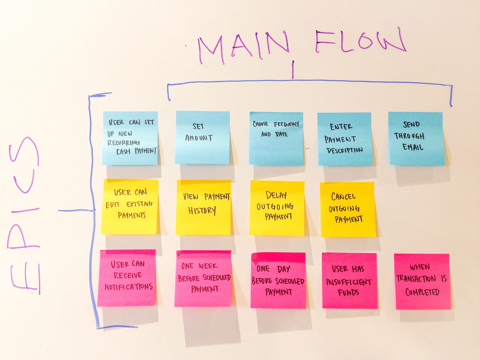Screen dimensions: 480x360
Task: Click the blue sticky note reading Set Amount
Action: [202, 137]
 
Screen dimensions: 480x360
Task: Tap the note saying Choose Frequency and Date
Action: [276, 139]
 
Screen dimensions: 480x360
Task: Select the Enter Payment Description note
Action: [345, 139]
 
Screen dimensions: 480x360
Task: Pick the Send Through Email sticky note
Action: [416, 139]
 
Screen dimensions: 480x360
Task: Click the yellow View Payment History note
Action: [203, 207]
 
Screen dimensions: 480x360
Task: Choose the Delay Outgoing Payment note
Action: [277, 208]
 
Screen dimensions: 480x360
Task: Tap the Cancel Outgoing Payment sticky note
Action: [348, 209]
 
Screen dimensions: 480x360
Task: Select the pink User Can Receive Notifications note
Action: [127, 278]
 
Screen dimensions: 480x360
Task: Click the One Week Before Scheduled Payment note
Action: [203, 278]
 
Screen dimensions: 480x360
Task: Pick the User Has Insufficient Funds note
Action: [350, 281]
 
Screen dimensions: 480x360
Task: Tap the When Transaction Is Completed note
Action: [422, 281]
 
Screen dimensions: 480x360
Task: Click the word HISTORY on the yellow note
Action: [202, 211]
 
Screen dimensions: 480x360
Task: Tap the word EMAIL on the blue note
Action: [413, 147]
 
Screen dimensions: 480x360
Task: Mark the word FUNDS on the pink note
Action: [349, 292]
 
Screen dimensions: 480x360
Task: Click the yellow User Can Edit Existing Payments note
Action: [130, 207]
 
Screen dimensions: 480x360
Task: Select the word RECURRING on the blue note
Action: [123, 143]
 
